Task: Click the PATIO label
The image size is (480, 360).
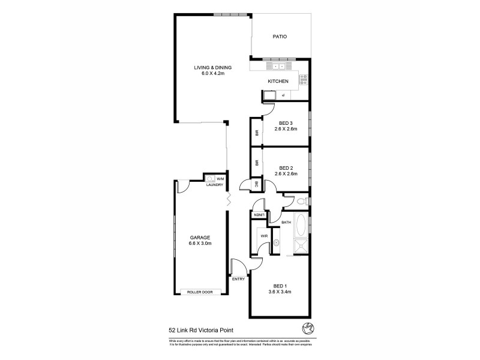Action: (x=280, y=37)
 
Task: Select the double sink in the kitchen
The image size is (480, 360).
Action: (x=278, y=66)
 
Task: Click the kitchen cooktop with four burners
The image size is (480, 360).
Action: (x=304, y=78)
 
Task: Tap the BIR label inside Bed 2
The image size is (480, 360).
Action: (x=256, y=163)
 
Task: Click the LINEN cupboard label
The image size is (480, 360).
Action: (x=259, y=215)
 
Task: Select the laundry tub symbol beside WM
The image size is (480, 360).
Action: (x=210, y=178)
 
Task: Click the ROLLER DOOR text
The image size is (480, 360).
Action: (x=200, y=292)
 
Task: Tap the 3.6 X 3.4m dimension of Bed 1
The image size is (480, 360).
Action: (x=280, y=292)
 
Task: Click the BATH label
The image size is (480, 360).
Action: (x=286, y=223)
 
